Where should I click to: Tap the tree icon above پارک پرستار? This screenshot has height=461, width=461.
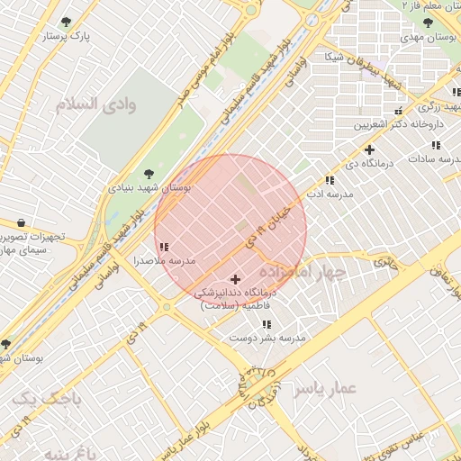(66, 22)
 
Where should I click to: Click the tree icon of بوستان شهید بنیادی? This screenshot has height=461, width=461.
(149, 174)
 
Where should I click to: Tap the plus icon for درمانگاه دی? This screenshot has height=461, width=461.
(369, 149)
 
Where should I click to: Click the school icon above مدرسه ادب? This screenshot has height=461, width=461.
(330, 179)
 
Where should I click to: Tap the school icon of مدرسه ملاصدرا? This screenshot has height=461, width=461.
(163, 246)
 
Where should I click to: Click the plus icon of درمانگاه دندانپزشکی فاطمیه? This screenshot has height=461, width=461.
(237, 280)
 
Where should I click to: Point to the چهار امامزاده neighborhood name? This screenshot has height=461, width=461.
(303, 271)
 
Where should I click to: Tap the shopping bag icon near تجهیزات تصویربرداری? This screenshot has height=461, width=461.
(21, 222)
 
